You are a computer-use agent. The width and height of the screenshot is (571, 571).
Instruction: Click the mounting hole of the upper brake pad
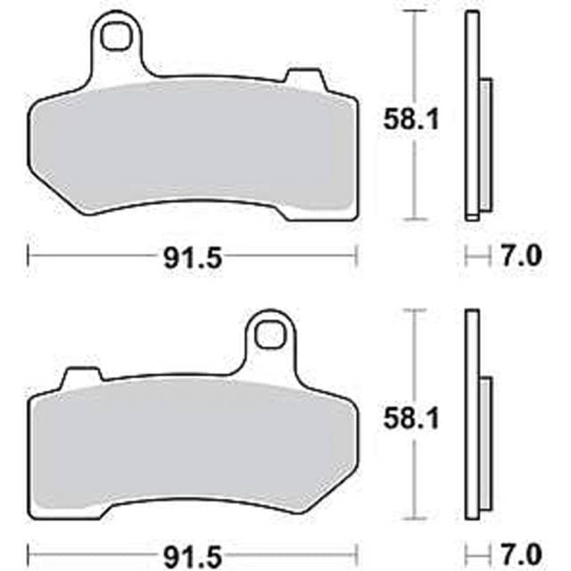[114, 36]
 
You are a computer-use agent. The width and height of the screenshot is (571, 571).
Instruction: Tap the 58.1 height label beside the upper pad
[411, 121]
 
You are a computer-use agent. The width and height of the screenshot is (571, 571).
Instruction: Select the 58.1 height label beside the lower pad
[411, 420]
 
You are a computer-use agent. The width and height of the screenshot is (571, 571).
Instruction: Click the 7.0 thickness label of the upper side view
[522, 258]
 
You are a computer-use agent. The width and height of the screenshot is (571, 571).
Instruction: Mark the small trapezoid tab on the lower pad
[79, 376]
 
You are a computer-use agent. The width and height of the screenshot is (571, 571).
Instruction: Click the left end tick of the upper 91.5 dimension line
[29, 258]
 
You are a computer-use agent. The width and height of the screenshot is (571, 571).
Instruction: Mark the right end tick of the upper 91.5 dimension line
[357, 258]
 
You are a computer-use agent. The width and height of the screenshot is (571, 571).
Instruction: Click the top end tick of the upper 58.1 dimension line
[411, 11]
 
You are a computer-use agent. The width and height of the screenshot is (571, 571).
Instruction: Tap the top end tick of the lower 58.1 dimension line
[411, 310]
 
